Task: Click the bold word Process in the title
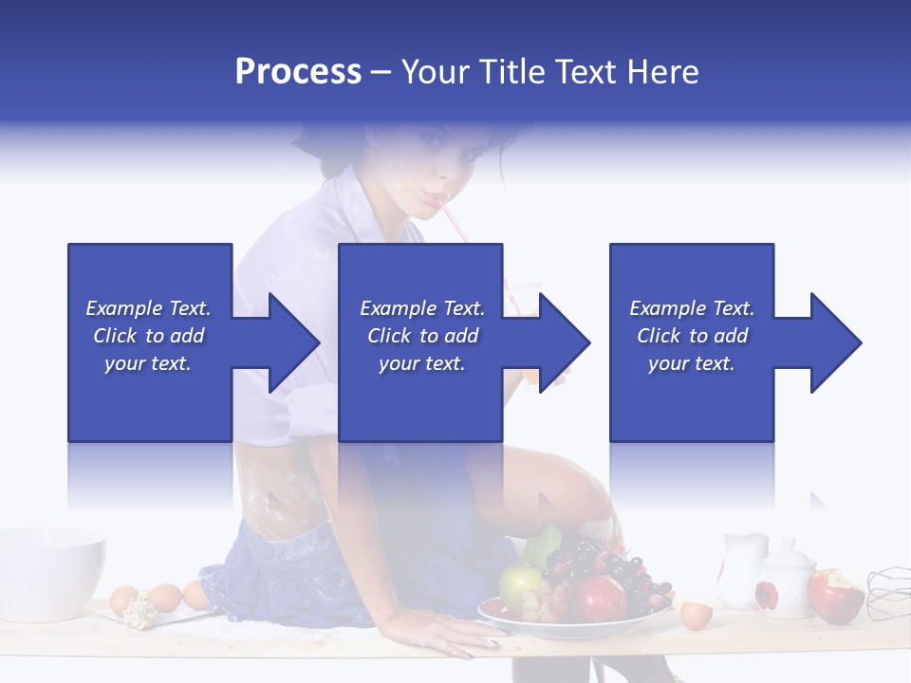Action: (x=298, y=71)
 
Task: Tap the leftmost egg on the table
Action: (x=124, y=600)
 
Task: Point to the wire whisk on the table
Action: (x=888, y=588)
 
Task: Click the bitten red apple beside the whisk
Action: (x=835, y=595)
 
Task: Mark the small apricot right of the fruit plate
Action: (x=696, y=615)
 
